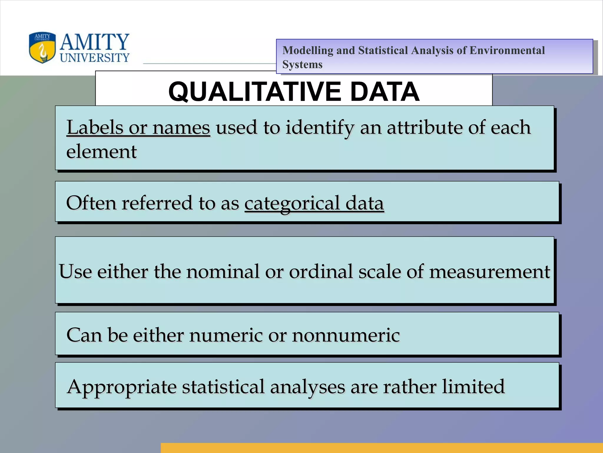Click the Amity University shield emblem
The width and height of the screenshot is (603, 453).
(42, 47)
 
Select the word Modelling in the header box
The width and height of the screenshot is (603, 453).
(307, 50)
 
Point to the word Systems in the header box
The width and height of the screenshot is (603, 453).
(302, 65)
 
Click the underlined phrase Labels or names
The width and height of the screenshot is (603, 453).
(138, 127)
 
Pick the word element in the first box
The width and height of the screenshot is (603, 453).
(101, 152)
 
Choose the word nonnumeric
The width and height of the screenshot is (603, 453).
(346, 335)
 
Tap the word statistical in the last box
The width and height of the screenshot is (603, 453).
(223, 386)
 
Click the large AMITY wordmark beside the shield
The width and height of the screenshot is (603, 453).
(95, 42)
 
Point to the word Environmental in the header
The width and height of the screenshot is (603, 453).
(507, 50)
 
